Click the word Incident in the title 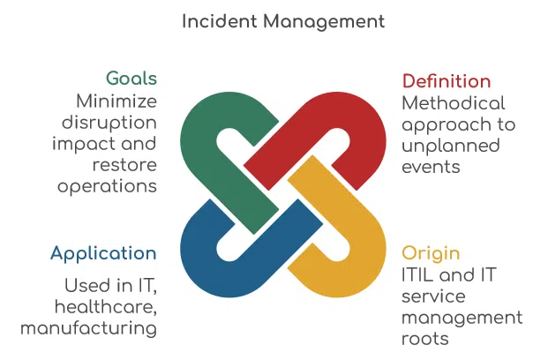(x=220, y=21)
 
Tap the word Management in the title (x=324, y=23)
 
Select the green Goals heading (x=131, y=78)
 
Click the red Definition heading (x=447, y=81)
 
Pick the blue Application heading (x=103, y=254)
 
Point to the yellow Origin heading (x=431, y=254)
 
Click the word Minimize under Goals (x=116, y=101)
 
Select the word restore (x=124, y=165)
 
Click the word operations (x=107, y=187)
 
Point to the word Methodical (x=454, y=103)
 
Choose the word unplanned (x=451, y=146)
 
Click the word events (x=431, y=167)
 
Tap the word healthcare (x=106, y=307)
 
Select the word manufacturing (x=88, y=329)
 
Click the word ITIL (x=417, y=274)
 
